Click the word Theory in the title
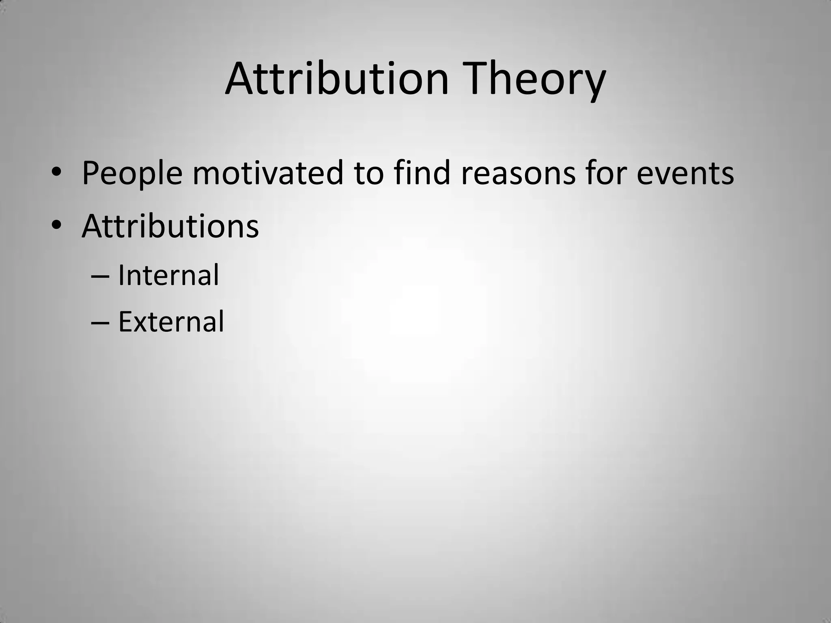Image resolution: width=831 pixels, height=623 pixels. coord(536,79)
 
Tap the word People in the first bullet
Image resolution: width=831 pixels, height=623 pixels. coord(132,174)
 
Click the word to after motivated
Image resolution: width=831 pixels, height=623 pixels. coord(368,174)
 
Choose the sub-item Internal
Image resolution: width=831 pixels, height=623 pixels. coord(168,275)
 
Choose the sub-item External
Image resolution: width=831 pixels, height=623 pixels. coord(171,322)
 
